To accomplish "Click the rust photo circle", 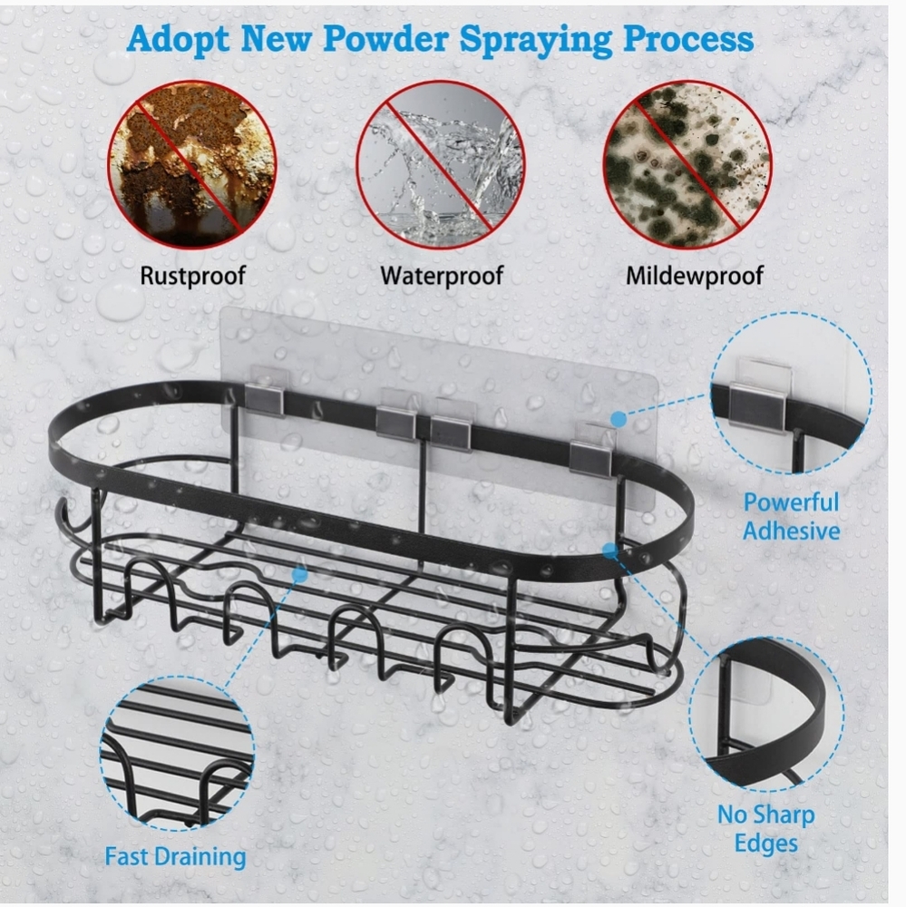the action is point(192,164).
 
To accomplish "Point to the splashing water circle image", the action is point(440,164).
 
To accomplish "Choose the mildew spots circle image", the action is point(687,164).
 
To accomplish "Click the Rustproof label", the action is point(192,276).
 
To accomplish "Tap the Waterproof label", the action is point(442,276).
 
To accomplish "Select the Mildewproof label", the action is point(694,276).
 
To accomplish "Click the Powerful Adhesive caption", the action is point(791,517).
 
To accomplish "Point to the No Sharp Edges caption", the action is point(766,829).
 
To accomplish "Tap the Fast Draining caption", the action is point(175,857).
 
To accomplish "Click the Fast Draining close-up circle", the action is point(177,754).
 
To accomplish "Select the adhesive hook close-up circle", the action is point(791,394).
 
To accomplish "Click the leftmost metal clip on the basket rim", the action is point(264,398).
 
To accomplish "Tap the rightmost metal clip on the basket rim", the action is point(590,457).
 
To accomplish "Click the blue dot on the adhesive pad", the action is point(619,419).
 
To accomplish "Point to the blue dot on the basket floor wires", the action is point(299,574).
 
